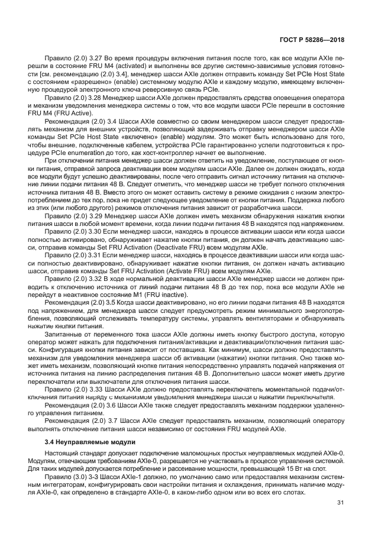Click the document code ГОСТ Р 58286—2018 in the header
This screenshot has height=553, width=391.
click(311, 40)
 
